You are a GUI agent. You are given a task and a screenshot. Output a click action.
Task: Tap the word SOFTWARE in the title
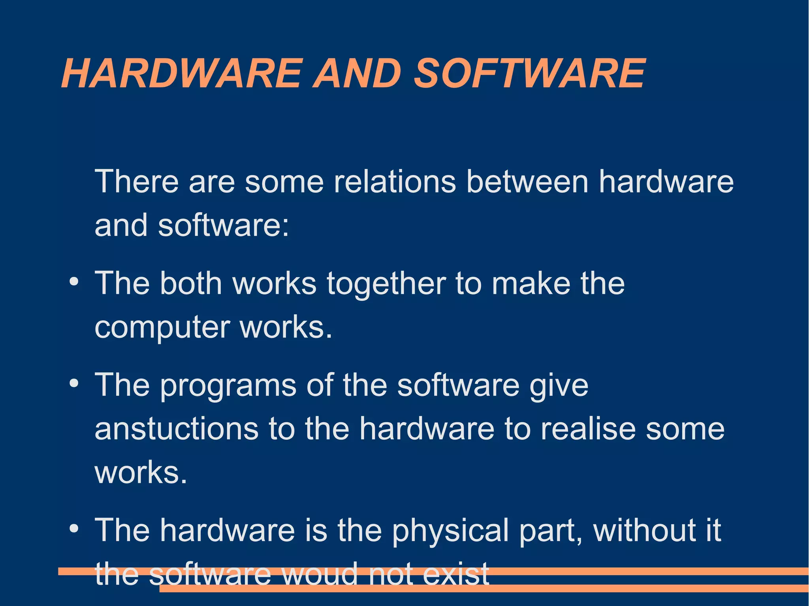point(529,73)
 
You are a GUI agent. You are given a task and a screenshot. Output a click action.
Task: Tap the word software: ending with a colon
point(224,225)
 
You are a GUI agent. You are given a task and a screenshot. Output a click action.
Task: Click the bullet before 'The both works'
point(73,282)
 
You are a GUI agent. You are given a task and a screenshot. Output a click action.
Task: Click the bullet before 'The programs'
point(73,384)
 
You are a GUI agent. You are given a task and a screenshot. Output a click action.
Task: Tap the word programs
point(228,386)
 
